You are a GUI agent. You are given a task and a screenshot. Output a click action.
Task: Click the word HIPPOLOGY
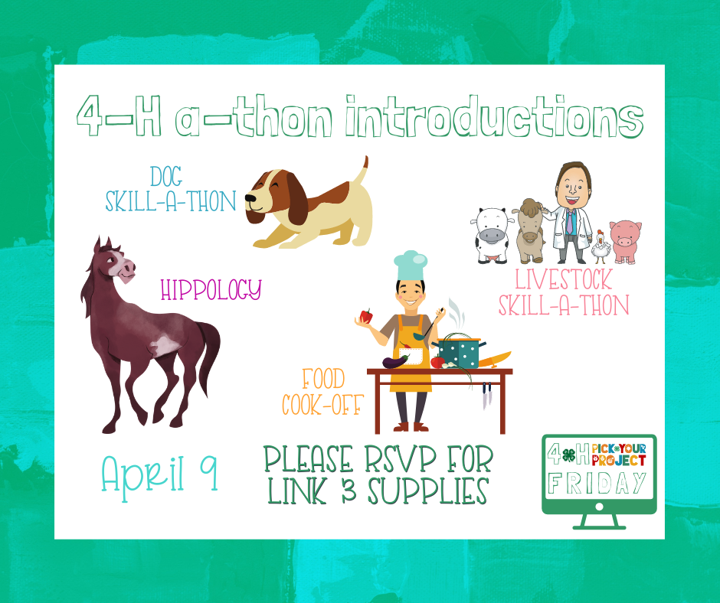click(211, 289)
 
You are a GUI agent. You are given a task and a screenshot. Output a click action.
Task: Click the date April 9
click(160, 474)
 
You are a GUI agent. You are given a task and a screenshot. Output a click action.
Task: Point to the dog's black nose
click(250, 198)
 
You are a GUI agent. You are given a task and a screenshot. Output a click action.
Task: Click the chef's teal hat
click(411, 266)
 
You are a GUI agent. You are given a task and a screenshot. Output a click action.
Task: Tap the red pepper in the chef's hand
click(366, 316)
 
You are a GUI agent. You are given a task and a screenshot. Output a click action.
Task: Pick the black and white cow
click(493, 235)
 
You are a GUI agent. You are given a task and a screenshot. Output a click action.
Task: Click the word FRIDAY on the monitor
click(598, 483)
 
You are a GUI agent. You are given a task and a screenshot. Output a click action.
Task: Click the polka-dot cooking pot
click(459, 352)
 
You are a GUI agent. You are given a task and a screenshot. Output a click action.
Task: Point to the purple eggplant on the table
click(395, 361)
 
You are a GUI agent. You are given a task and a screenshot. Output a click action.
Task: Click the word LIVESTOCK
click(564, 279)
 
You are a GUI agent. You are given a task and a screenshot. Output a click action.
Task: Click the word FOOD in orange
click(323, 380)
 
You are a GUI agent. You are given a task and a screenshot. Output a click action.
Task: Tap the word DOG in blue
click(166, 177)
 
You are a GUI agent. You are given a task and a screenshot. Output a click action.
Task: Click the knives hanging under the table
click(486, 396)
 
